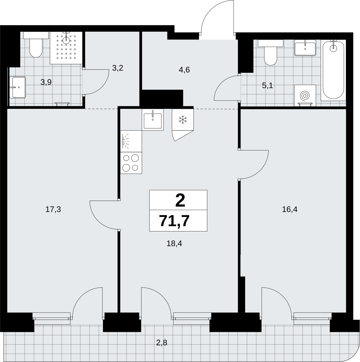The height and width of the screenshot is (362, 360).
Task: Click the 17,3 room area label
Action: tap(53, 209)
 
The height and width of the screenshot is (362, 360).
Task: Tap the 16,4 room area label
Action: tap(290, 209)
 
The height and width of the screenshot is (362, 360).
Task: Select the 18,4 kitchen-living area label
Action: tap(174, 244)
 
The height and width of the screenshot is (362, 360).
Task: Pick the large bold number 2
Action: tap(180, 200)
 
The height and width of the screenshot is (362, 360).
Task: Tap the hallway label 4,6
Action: tap(184, 70)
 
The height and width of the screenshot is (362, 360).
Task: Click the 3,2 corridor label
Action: tap(118, 68)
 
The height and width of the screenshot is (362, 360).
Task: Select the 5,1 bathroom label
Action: tap(267, 86)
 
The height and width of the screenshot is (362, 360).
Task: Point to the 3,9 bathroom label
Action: tap(46, 82)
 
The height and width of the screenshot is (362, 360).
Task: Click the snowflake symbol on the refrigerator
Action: tap(183, 120)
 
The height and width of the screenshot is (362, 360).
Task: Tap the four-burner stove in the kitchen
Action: tap(131, 163)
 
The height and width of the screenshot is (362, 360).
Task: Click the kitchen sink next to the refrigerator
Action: tap(153, 120)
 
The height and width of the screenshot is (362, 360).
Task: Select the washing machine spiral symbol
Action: tap(305, 96)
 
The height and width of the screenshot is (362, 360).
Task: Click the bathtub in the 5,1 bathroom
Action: tap(333, 70)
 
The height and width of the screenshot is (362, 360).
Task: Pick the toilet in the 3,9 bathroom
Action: tap(36, 45)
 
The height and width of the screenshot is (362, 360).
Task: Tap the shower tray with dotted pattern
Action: tap(66, 48)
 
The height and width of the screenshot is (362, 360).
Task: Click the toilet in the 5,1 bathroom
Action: tap(270, 52)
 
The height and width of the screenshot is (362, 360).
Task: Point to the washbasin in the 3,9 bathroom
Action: tap(17, 87)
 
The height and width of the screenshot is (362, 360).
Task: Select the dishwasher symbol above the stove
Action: tap(131, 141)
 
